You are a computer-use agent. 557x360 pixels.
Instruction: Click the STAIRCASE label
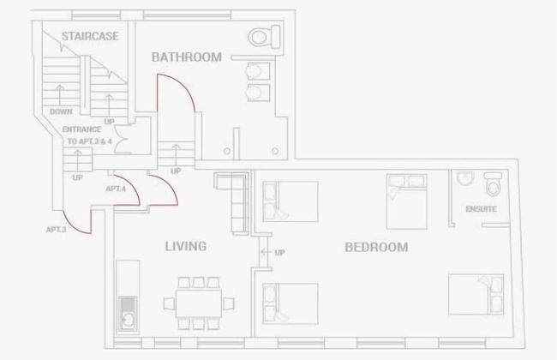coord(90,36)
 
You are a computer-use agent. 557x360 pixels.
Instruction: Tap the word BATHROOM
coord(187,57)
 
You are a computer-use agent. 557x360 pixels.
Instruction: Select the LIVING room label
coord(185,246)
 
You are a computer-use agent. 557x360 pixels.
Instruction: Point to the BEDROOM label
coord(376,247)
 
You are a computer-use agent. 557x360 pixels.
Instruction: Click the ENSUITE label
coord(481,209)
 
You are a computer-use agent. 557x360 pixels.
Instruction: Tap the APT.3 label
coord(56,230)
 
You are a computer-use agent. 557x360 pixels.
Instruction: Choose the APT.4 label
coord(116,189)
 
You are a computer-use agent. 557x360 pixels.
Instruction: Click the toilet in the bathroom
coord(265,37)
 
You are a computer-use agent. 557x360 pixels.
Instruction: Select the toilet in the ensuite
coord(493,183)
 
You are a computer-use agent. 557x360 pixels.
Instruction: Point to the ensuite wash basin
coord(465,178)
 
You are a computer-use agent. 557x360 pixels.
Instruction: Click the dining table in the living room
coord(199,303)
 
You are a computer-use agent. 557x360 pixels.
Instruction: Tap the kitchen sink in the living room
coord(127,314)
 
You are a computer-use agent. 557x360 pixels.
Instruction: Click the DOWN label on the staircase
coord(61,111)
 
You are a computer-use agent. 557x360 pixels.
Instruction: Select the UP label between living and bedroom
coord(279,252)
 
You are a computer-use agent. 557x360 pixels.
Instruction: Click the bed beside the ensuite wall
coord(407,201)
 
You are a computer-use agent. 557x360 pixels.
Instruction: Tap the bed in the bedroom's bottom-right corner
coord(476,294)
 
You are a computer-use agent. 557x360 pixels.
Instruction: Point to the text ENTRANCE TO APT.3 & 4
coord(87,135)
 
